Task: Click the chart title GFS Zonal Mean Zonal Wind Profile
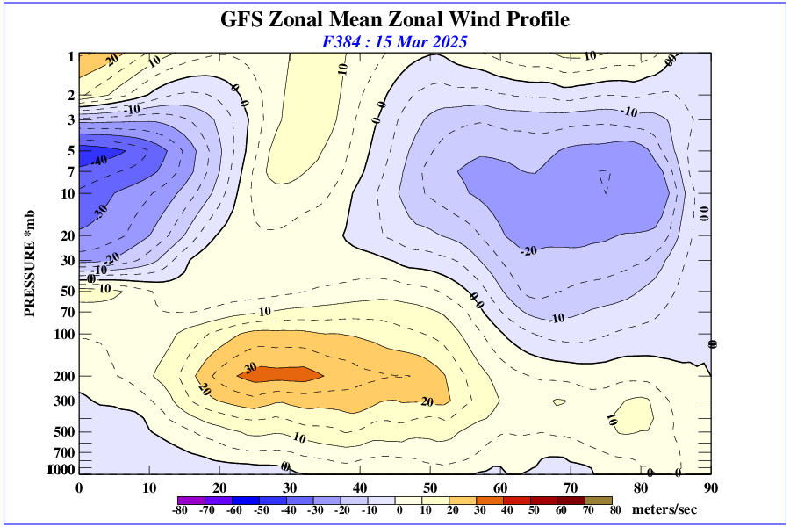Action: (394, 19)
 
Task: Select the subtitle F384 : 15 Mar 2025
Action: (394, 41)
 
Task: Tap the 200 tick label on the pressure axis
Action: (65, 377)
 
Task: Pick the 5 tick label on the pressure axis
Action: (71, 151)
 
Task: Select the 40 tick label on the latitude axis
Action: (360, 487)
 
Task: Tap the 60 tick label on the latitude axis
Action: (500, 487)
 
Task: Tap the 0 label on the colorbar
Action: (399, 510)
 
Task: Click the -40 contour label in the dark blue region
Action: (98, 160)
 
